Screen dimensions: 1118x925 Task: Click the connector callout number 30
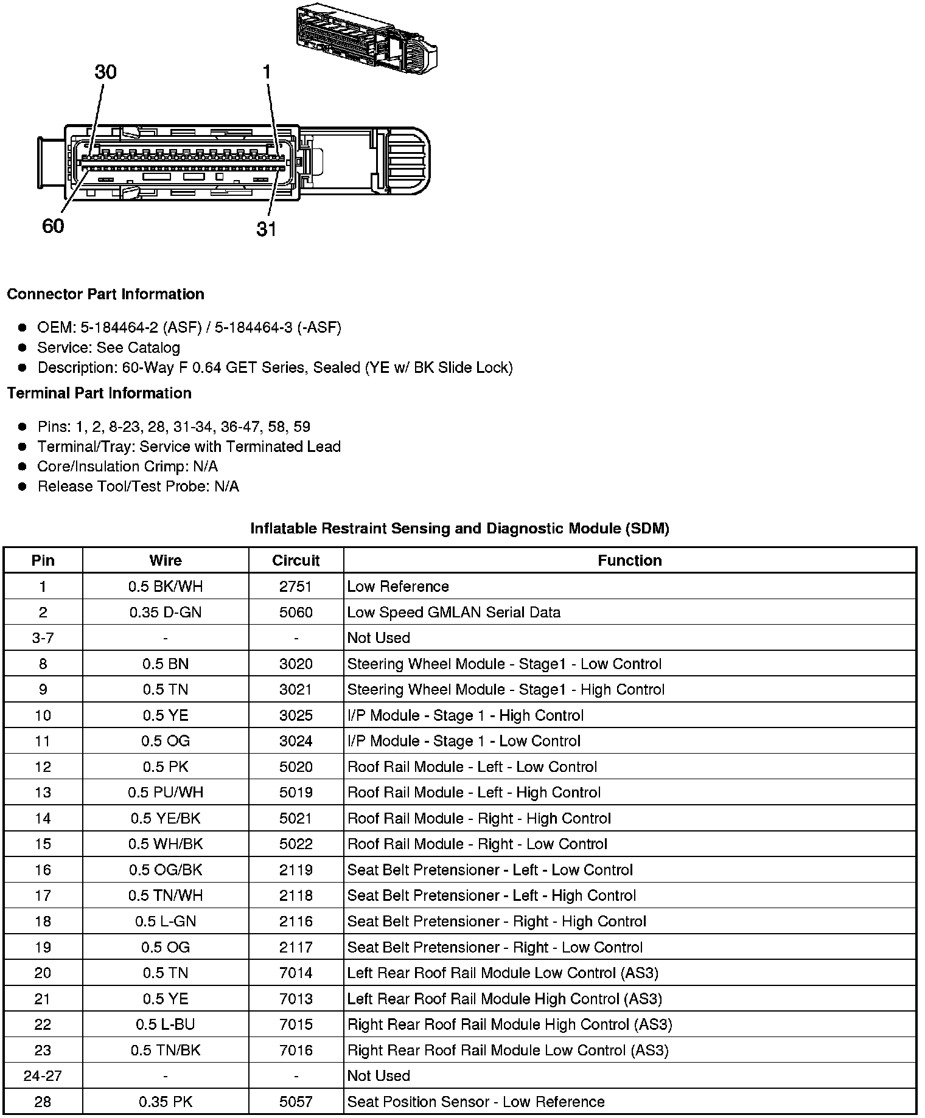tap(105, 72)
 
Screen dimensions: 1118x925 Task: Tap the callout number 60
tap(53, 226)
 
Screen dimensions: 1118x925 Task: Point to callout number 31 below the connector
tap(267, 229)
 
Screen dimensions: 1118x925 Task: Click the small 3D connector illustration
tap(366, 40)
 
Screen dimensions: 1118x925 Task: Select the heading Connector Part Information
tap(105, 294)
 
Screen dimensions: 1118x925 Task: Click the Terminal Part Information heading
tap(99, 394)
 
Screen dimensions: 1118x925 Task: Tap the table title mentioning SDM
tap(459, 529)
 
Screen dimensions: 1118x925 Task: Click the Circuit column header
tap(296, 560)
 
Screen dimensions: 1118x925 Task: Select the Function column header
tap(629, 560)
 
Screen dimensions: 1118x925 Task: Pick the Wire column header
tap(166, 560)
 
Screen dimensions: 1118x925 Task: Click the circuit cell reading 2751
tap(296, 586)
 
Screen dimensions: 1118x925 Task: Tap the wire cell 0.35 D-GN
tap(166, 613)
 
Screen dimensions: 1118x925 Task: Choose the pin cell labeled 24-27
tap(43, 1076)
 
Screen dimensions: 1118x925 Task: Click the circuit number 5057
tap(296, 1102)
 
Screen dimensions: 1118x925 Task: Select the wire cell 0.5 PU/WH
tap(166, 793)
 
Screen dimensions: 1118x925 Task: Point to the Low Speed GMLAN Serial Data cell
tap(453, 613)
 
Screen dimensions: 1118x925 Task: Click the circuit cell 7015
tap(296, 1024)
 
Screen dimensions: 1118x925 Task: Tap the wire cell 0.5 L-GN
tap(166, 922)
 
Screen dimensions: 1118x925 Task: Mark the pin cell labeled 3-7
tap(43, 638)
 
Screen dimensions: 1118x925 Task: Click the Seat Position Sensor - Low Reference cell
tap(475, 1102)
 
